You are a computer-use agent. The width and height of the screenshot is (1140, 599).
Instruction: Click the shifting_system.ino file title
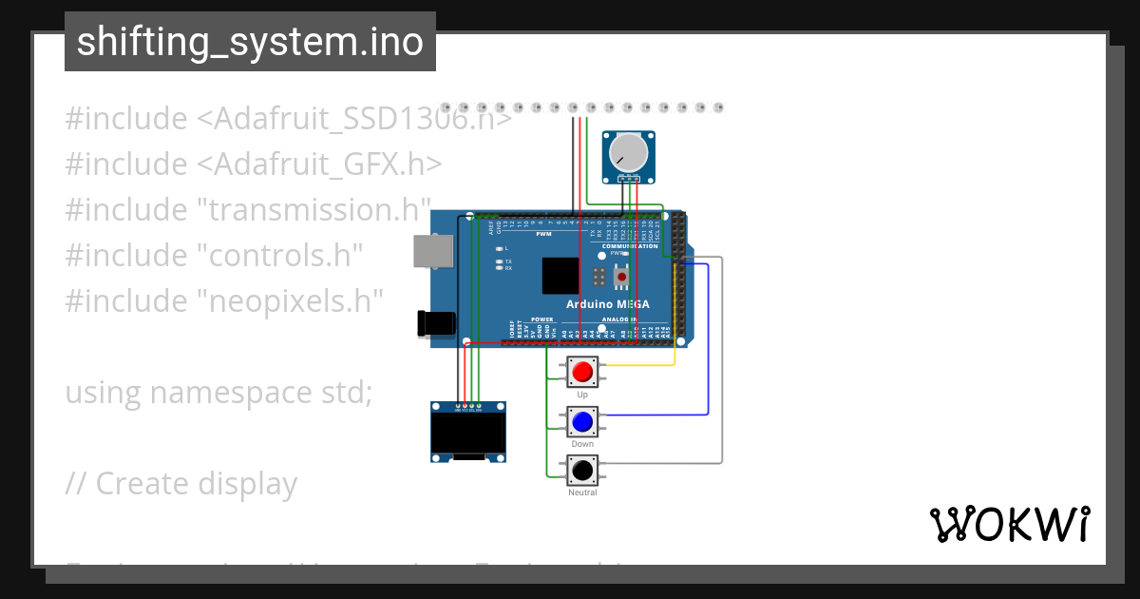250,42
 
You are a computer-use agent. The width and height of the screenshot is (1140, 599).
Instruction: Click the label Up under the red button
582,394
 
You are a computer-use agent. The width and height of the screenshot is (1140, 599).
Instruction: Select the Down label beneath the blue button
582,444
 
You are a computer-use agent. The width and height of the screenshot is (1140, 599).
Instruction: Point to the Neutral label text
582,493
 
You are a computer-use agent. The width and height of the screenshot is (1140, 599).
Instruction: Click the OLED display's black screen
467,433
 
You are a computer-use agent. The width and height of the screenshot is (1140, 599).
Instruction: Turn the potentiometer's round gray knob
627,151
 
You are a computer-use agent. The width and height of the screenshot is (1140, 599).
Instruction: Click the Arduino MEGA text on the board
608,304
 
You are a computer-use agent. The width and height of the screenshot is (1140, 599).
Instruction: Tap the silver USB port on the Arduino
432,251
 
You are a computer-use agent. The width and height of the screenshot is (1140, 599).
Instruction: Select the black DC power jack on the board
436,322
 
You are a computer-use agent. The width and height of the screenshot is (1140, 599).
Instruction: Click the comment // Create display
180,484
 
